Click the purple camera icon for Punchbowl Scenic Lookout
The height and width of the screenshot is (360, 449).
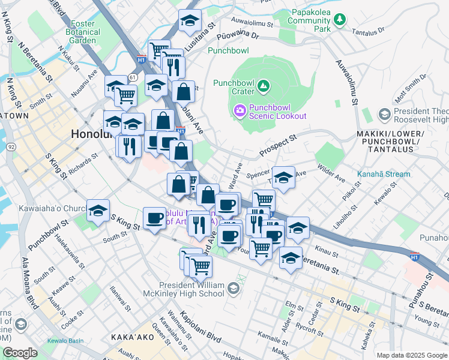(240, 110)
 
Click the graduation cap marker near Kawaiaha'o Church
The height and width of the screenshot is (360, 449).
(98, 211)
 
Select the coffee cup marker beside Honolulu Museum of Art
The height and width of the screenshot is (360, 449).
(154, 218)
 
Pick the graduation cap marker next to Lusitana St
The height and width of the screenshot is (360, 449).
(190, 21)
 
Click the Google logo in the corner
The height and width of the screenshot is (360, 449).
(20, 353)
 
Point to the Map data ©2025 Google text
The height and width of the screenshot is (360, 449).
(412, 355)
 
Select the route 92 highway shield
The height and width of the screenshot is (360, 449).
(11, 146)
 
